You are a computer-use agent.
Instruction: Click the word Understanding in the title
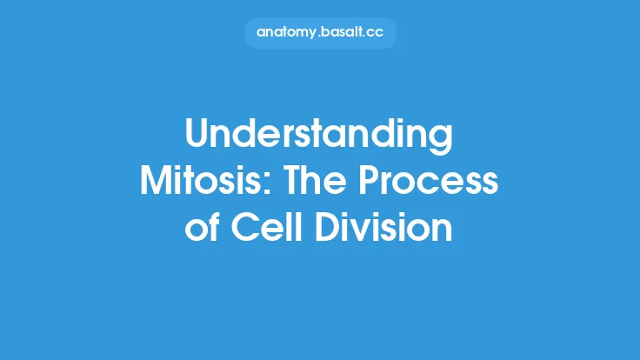[319, 138]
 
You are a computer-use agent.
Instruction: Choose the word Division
[387, 229]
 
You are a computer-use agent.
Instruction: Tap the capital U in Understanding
[198, 137]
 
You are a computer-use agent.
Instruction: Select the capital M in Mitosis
[157, 183]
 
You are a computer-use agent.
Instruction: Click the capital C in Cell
[246, 229]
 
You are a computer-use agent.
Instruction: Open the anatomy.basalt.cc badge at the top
[319, 33]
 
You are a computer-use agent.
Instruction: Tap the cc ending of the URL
[375, 33]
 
